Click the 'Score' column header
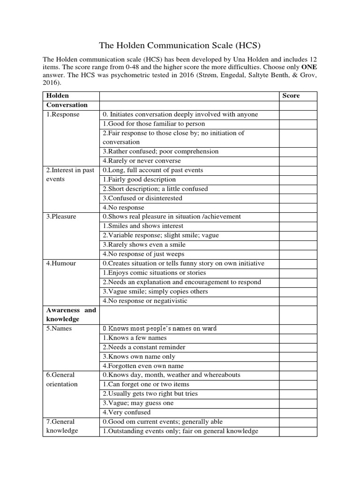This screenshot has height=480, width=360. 291,96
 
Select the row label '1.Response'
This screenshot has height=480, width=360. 63,114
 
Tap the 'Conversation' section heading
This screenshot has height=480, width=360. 67,105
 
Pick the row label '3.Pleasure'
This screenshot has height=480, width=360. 61,217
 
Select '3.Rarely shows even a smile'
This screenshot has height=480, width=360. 144,245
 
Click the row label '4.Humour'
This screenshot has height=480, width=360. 61,263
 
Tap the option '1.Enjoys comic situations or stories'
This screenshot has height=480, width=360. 154,273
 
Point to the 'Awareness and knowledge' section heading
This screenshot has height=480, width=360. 71,315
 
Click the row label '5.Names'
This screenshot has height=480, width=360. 59,329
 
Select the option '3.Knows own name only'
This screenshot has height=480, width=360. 140,357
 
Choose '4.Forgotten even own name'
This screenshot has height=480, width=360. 143,366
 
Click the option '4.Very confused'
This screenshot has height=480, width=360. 127,412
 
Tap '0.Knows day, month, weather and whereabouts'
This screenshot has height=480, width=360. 165,375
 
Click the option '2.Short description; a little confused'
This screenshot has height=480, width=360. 155,189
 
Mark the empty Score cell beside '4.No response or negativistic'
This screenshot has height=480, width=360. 298,301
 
